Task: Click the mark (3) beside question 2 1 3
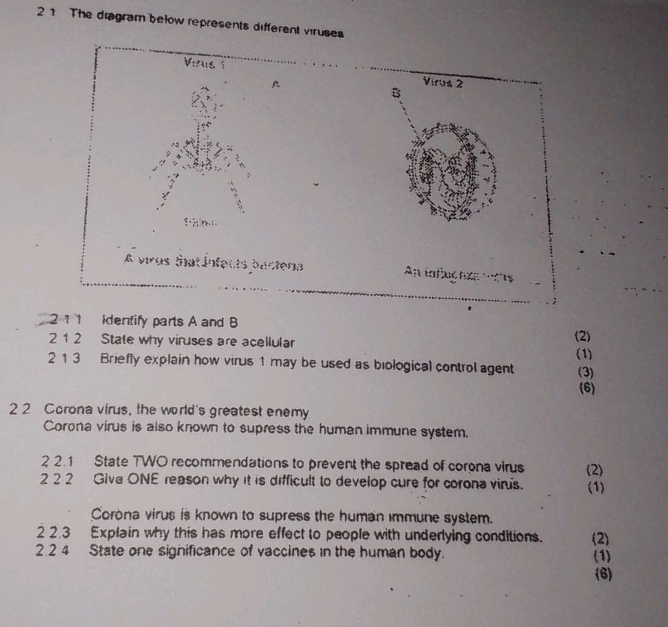click(584, 372)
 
